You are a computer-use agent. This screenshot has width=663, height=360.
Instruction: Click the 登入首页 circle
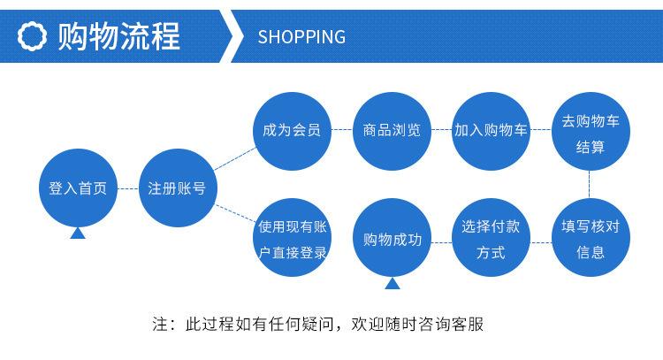tap(78, 188)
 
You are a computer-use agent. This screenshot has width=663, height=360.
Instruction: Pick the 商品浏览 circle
tap(391, 130)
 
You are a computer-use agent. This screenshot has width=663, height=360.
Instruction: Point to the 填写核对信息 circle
tap(591, 239)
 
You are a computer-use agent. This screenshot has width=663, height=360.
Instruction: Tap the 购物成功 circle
tap(391, 239)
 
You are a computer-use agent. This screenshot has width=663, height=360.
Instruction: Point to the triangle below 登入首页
tap(78, 234)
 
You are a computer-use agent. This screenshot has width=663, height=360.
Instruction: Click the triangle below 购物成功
tap(391, 284)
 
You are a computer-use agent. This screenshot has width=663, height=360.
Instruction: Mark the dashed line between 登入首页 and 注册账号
tap(127, 188)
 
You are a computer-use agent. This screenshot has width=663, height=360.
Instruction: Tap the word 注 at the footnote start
tap(159, 324)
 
